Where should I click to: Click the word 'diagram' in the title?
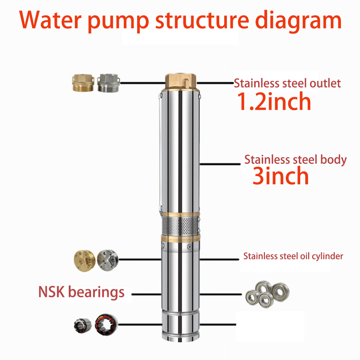[298, 21]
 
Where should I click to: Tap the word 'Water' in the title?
[50, 20]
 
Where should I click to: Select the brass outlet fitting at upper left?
[83, 83]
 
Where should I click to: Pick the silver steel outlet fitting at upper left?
[108, 83]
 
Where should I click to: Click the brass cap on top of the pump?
[181, 82]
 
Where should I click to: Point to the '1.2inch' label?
[274, 101]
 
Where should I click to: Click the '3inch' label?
[280, 176]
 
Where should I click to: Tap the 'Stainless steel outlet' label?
[287, 83]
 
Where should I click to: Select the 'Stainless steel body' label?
[296, 159]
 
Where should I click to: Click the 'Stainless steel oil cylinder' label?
[293, 256]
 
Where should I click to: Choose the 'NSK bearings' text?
[81, 292]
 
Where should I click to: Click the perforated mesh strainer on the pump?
[180, 226]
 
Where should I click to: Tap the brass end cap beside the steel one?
[85, 261]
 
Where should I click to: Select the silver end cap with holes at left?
[108, 260]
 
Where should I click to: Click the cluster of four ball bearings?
[267, 294]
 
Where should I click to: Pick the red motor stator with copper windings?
[107, 325]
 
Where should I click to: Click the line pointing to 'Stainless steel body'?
[220, 164]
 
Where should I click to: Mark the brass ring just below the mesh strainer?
[180, 238]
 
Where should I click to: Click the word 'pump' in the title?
[118, 22]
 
